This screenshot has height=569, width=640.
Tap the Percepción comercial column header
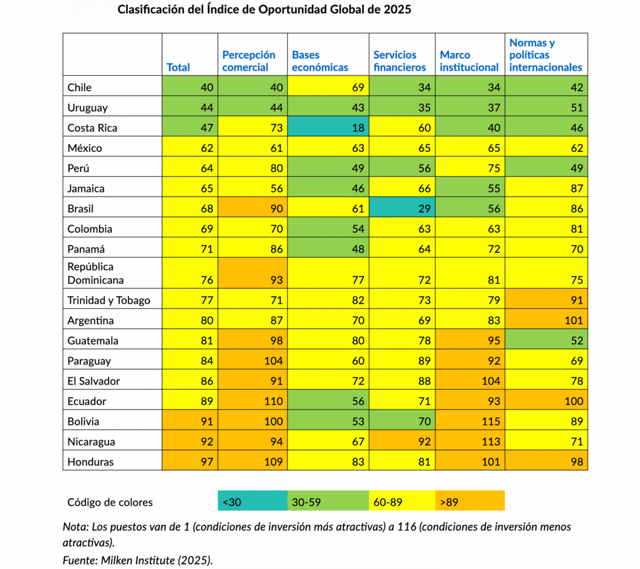249,61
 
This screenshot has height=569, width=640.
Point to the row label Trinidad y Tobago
108,300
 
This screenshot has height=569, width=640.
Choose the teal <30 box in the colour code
253,500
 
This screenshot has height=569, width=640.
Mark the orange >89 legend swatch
470,500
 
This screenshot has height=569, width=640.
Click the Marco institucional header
469,61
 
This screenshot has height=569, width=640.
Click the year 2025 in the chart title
397,10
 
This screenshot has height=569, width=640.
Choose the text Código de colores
110,502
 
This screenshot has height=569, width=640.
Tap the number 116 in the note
407,526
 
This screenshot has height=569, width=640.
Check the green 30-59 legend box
328,500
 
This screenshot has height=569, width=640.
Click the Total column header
178,68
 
